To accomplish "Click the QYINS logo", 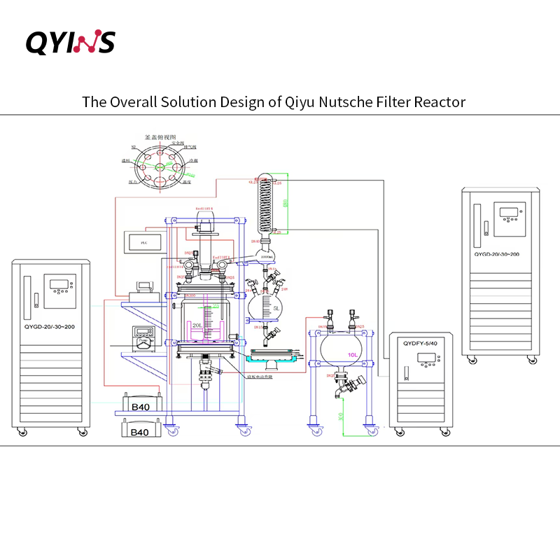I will (70, 41).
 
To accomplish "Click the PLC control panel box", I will (143, 241).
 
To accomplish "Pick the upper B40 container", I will (141, 405).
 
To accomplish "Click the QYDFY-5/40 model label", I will (420, 344).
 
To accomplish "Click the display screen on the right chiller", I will (509, 212).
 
